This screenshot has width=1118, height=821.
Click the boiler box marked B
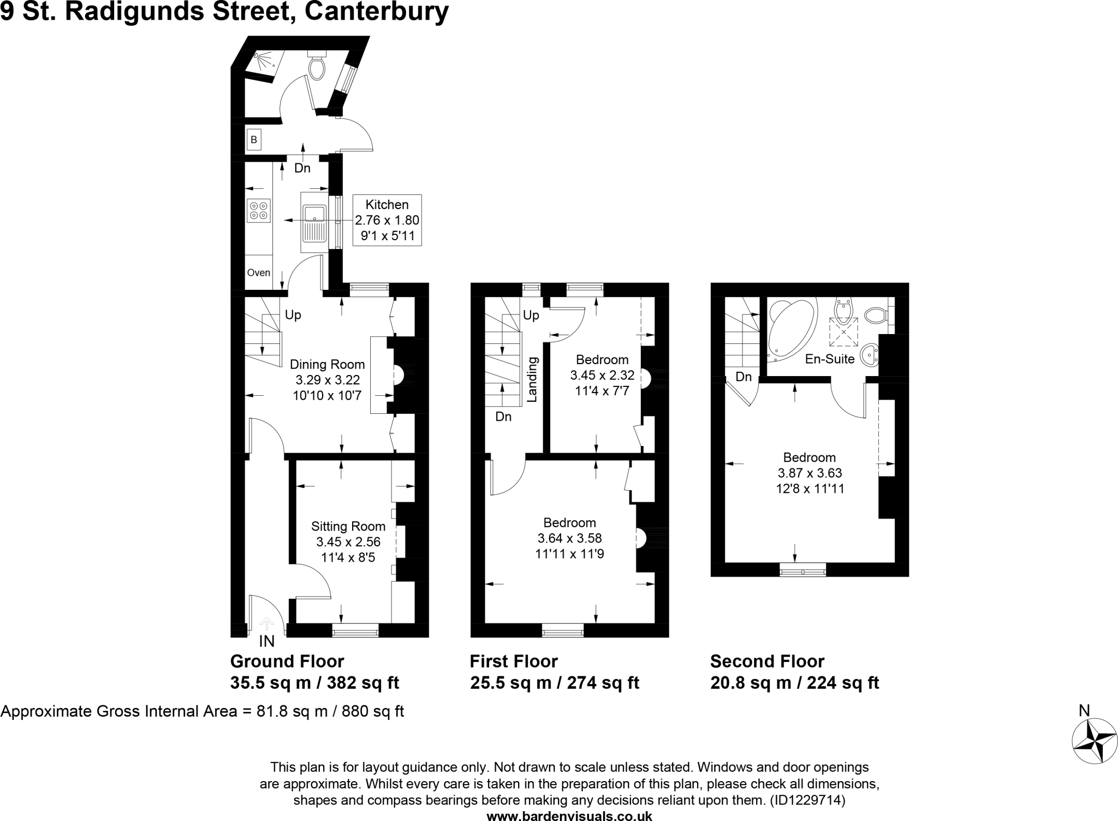click(254, 140)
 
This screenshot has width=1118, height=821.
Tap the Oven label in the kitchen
click(258, 272)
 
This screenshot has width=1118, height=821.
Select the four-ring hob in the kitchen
click(259, 211)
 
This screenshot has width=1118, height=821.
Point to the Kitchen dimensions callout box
click(387, 221)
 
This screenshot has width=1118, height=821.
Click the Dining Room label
click(327, 365)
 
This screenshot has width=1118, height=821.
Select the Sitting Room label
click(348, 527)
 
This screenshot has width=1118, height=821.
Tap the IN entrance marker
click(266, 641)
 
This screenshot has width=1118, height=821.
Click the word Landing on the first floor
click(533, 379)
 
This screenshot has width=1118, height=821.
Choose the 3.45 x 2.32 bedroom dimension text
click(602, 376)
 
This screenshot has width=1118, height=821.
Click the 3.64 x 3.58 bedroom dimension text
click(569, 539)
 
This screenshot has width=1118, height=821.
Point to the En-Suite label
click(830, 359)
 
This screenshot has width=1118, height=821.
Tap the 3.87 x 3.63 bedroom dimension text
click(810, 473)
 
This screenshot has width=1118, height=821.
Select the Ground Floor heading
click(287, 662)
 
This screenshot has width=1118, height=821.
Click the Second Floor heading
click(767, 662)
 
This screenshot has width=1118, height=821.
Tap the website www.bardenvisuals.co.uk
click(569, 816)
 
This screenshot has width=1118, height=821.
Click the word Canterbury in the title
click(377, 12)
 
